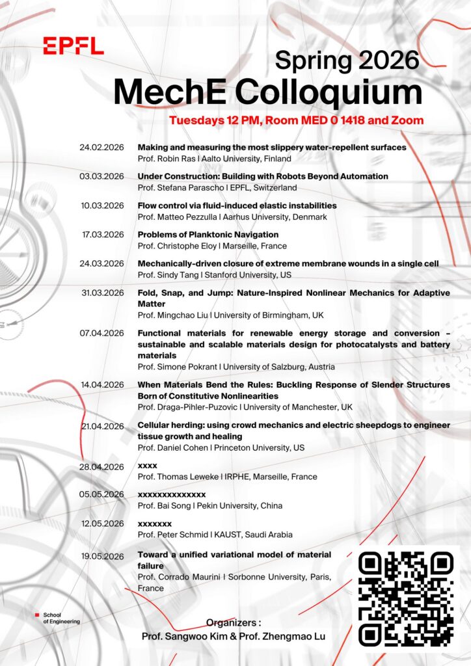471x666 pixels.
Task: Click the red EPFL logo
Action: [73, 46]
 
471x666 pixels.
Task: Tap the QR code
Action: [407, 599]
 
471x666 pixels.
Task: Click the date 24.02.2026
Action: [101, 148]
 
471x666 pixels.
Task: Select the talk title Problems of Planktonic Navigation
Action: [208, 234]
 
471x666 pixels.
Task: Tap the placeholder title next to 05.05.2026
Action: [172, 494]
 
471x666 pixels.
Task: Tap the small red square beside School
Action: [38, 614]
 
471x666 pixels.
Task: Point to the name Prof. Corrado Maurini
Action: [180, 577]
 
